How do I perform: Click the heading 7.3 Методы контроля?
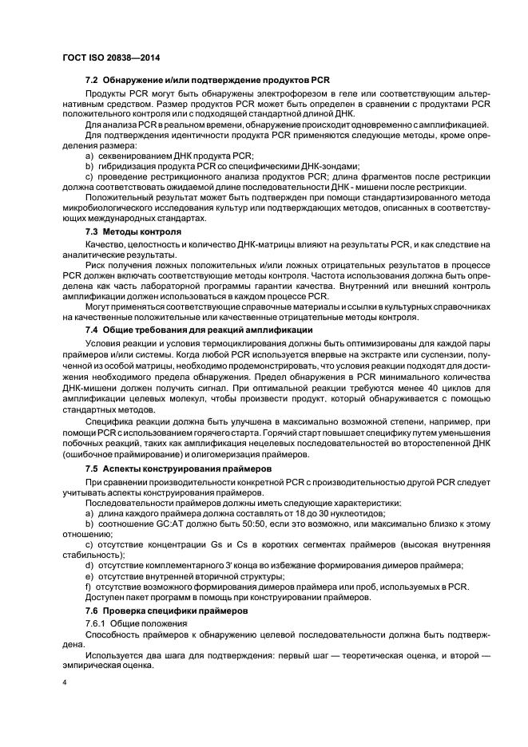133,231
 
